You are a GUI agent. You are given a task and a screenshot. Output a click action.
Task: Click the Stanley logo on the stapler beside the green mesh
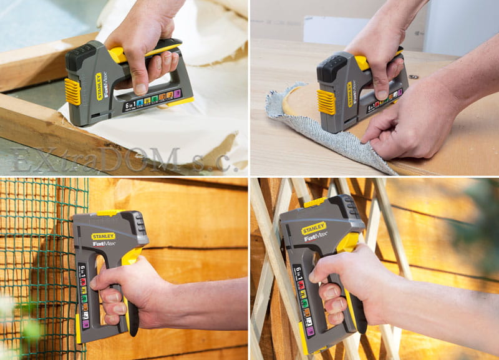pyautogui.click(x=104, y=236)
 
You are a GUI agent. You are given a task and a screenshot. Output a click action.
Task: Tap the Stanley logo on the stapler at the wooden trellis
pyautogui.click(x=314, y=228)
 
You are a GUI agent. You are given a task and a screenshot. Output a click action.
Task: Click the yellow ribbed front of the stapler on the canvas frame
pyautogui.click(x=72, y=92)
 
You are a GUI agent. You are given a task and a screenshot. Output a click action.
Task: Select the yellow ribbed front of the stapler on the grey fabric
pyautogui.click(x=326, y=102)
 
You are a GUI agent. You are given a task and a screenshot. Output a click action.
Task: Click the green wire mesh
pyautogui.click(x=37, y=262)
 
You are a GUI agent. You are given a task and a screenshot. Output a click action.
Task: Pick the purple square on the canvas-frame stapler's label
pyautogui.click(x=177, y=94)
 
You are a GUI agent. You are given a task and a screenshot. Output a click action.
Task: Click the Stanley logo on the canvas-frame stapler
pyautogui.click(x=99, y=86)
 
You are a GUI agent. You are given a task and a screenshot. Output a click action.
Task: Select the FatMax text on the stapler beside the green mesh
pyautogui.click(x=104, y=244)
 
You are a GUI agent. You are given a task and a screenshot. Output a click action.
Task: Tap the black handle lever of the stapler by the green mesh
pyautogui.click(x=132, y=312)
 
